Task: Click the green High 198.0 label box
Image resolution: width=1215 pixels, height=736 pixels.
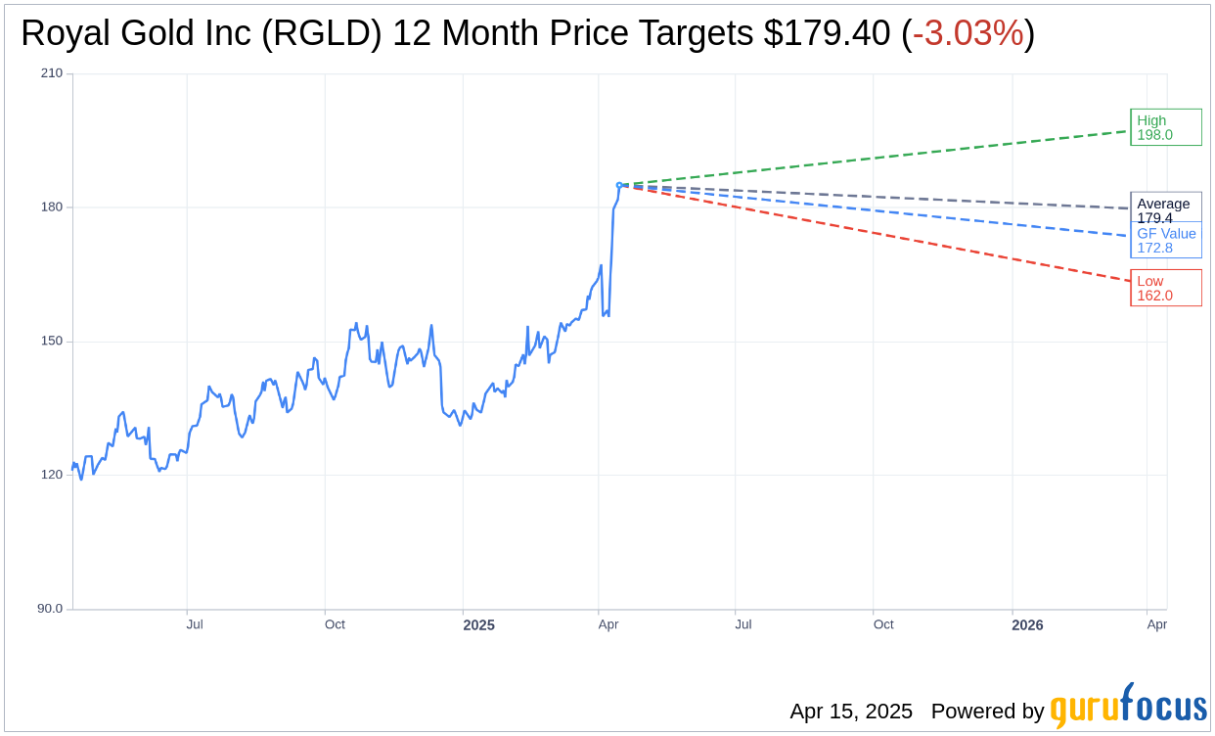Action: pyautogui.click(x=1165, y=127)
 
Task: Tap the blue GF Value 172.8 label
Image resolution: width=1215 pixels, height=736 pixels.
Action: pyautogui.click(x=1166, y=241)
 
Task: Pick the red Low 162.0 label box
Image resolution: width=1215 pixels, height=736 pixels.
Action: pyautogui.click(x=1165, y=288)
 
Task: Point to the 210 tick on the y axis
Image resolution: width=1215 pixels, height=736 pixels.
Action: pyautogui.click(x=52, y=73)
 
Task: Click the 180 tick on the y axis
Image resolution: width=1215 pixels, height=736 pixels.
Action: pyautogui.click(x=52, y=207)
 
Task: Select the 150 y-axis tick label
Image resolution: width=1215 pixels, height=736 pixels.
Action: pyautogui.click(x=52, y=342)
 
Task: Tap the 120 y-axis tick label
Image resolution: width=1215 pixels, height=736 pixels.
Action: pyautogui.click(x=52, y=475)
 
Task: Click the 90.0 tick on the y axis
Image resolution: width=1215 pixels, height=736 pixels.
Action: pyautogui.click(x=50, y=609)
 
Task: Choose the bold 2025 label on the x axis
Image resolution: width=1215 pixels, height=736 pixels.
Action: pyautogui.click(x=478, y=625)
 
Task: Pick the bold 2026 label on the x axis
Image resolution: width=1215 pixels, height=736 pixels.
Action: pyautogui.click(x=1027, y=625)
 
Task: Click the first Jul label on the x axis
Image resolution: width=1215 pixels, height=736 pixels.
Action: pyautogui.click(x=195, y=624)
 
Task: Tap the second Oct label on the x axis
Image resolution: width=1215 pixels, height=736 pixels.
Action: pyautogui.click(x=883, y=624)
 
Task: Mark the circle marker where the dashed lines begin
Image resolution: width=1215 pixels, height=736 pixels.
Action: pyautogui.click(x=619, y=185)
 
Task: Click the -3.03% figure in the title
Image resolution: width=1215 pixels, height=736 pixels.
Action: pyautogui.click(x=967, y=34)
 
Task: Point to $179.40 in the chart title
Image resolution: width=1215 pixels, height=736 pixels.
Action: pyautogui.click(x=827, y=34)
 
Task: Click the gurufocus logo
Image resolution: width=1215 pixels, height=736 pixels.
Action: pyautogui.click(x=1128, y=707)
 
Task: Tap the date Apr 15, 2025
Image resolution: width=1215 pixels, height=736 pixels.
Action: pyautogui.click(x=851, y=712)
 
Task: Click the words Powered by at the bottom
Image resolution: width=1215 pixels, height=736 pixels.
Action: pyautogui.click(x=987, y=712)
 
